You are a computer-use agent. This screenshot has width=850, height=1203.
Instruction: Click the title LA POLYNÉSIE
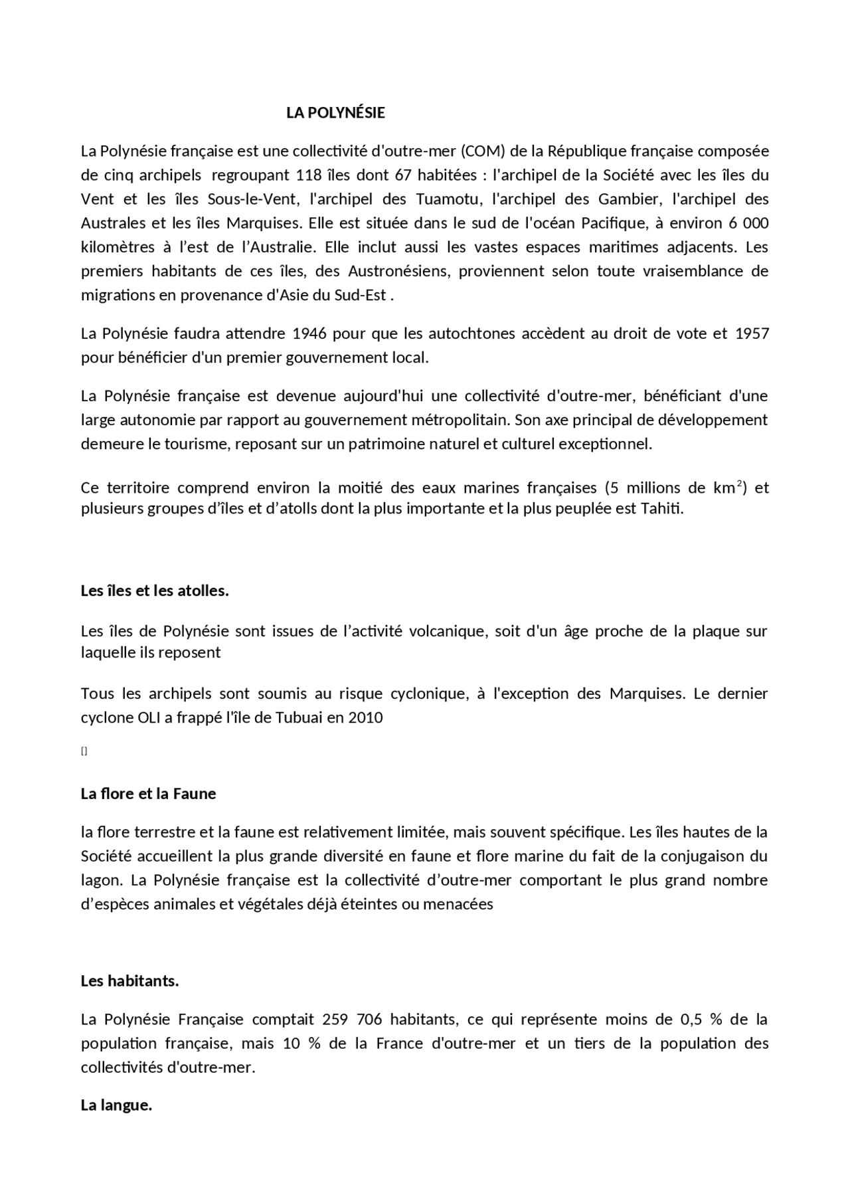[x=335, y=113]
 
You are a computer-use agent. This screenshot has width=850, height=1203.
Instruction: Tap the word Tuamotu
[x=443, y=199]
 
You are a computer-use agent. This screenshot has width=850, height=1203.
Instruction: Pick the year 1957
[x=752, y=333]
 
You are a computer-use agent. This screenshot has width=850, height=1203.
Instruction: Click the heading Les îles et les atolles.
[x=155, y=591]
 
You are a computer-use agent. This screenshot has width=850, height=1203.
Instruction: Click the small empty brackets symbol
[x=84, y=751]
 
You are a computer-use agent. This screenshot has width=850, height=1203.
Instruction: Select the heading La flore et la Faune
[x=148, y=794]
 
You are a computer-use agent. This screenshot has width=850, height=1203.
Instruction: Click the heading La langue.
[x=117, y=1106]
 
